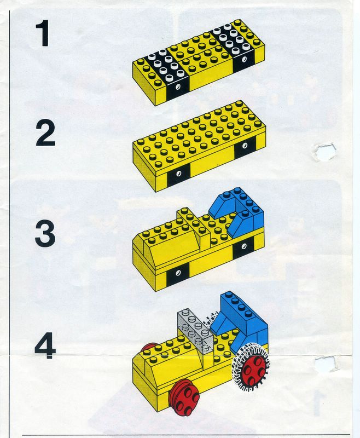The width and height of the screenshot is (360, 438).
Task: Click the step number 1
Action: [x=43, y=33]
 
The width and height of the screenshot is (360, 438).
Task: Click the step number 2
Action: [x=45, y=134]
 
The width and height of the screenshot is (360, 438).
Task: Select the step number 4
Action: [x=45, y=345]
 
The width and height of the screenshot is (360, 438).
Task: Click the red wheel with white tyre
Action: [x=251, y=366]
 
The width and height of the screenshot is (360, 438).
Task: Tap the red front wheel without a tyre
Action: [x=183, y=398]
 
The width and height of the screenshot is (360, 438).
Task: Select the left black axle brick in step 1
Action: [x=167, y=73]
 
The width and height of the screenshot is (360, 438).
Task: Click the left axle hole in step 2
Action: [x=178, y=174]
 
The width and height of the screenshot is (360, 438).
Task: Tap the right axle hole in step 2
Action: [x=245, y=145]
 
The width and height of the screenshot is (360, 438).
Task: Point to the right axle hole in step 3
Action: [x=244, y=246]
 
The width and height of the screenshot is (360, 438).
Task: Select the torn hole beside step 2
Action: [x=325, y=152]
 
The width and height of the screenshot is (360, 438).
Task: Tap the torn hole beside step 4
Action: [x=326, y=363]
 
